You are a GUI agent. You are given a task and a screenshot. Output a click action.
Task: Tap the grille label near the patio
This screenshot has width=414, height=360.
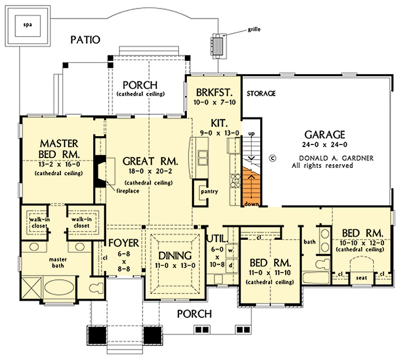tap(254, 30)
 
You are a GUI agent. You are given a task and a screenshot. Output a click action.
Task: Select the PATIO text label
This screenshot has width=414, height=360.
tap(85, 39)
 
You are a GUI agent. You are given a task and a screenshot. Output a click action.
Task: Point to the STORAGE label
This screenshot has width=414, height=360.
tap(260, 94)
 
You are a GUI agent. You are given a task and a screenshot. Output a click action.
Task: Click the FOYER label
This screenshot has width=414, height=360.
tap(123, 243)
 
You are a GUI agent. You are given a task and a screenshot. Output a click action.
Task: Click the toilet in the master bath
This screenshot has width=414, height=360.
tap(96, 286)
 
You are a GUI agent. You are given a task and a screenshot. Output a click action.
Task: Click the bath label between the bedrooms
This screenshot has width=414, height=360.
tap(309, 241)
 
